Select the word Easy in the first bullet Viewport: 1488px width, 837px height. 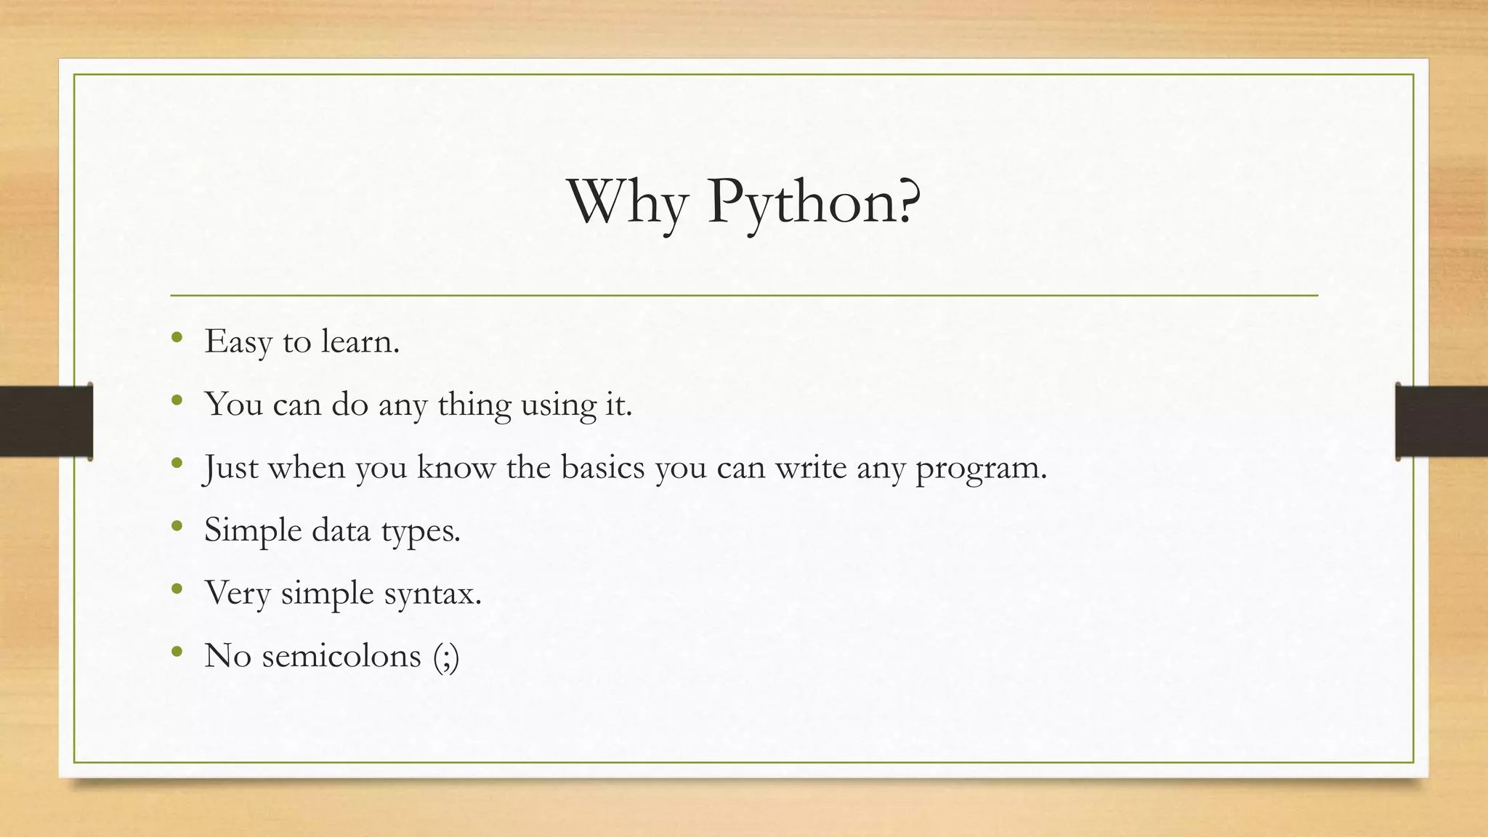(x=238, y=341)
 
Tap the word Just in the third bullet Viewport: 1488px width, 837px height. (x=230, y=467)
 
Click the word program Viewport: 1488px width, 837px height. (x=980, y=469)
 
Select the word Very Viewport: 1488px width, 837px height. (x=237, y=593)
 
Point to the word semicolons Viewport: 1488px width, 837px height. (x=341, y=655)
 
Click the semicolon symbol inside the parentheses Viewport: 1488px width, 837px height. (x=446, y=657)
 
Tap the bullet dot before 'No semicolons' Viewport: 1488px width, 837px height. (x=177, y=651)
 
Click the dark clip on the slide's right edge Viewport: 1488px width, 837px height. (x=1441, y=421)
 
